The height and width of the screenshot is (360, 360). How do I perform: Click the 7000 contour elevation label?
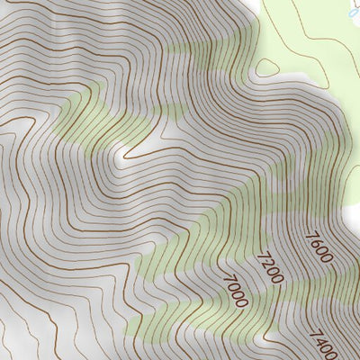click(x=233, y=291)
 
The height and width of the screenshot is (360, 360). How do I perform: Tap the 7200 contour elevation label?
click(x=269, y=267)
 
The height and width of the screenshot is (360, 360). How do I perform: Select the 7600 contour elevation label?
click(x=319, y=247)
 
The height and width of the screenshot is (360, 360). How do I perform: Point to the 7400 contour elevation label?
click(x=324, y=343)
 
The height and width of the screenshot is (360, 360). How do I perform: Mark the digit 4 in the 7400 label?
click(x=321, y=339)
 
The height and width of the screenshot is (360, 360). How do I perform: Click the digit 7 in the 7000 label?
click(x=225, y=279)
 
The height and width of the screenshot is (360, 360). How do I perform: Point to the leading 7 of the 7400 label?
click(x=316, y=332)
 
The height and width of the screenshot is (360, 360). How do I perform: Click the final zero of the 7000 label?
click(x=241, y=302)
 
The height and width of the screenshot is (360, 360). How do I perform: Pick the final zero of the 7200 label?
click(x=277, y=279)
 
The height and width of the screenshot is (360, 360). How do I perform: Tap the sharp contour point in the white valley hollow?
click(x=121, y=160)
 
